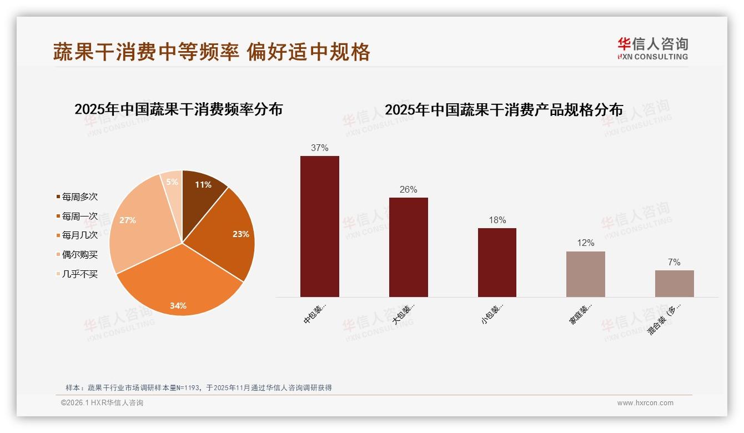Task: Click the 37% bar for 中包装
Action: point(320,226)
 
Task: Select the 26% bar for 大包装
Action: point(409,247)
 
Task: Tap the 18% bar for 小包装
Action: point(497,262)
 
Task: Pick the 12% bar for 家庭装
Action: point(586,274)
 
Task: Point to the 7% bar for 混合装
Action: point(674,284)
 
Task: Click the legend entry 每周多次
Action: point(79,197)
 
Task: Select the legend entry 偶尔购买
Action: point(79,255)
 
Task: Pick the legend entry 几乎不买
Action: point(79,274)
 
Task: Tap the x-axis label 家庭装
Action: point(581,314)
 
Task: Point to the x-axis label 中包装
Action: point(315,314)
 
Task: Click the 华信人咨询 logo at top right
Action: point(652,49)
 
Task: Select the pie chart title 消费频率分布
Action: point(178,109)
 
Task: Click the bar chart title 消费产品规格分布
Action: point(504,110)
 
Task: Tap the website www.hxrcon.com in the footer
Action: point(645,403)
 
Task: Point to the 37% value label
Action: point(320,148)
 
